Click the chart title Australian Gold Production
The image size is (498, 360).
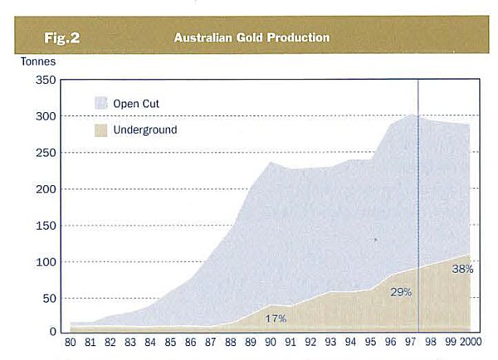(x=251, y=37)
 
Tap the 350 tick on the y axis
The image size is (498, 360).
(x=46, y=80)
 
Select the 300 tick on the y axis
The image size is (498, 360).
(x=46, y=117)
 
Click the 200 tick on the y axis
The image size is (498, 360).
(x=46, y=189)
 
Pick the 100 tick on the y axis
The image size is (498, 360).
(x=46, y=262)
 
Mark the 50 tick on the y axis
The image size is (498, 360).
(x=49, y=298)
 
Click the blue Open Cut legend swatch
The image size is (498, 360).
(x=101, y=104)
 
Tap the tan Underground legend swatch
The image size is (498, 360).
(x=101, y=130)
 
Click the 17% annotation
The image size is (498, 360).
(x=276, y=318)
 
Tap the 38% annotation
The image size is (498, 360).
(x=462, y=269)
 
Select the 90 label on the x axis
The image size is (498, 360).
(x=270, y=342)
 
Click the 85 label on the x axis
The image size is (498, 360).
(x=169, y=342)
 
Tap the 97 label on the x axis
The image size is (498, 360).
(x=411, y=342)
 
